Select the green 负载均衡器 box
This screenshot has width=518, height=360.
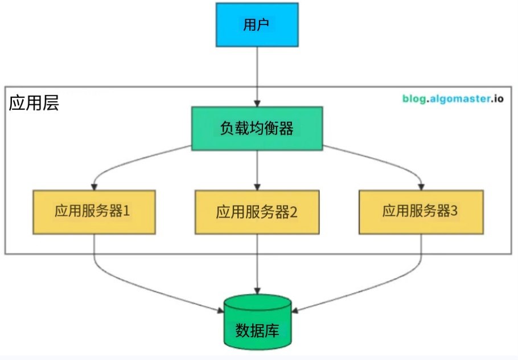tap(257, 129)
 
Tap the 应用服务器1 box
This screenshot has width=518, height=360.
tap(94, 212)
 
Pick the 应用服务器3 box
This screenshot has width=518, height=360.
tap(422, 212)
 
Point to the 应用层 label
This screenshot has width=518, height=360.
tap(34, 103)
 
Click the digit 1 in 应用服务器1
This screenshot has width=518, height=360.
tap(127, 212)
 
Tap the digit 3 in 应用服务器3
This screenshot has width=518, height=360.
tap(454, 212)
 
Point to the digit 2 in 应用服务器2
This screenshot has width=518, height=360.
tap(294, 212)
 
